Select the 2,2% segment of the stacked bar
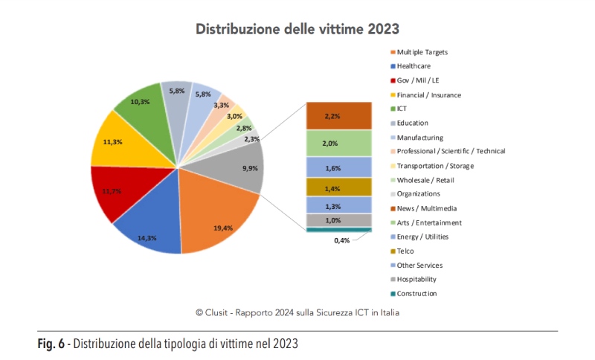338,116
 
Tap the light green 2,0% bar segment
338,144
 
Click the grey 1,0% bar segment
338,220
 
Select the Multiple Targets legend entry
422,52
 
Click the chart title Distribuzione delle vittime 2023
297,29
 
